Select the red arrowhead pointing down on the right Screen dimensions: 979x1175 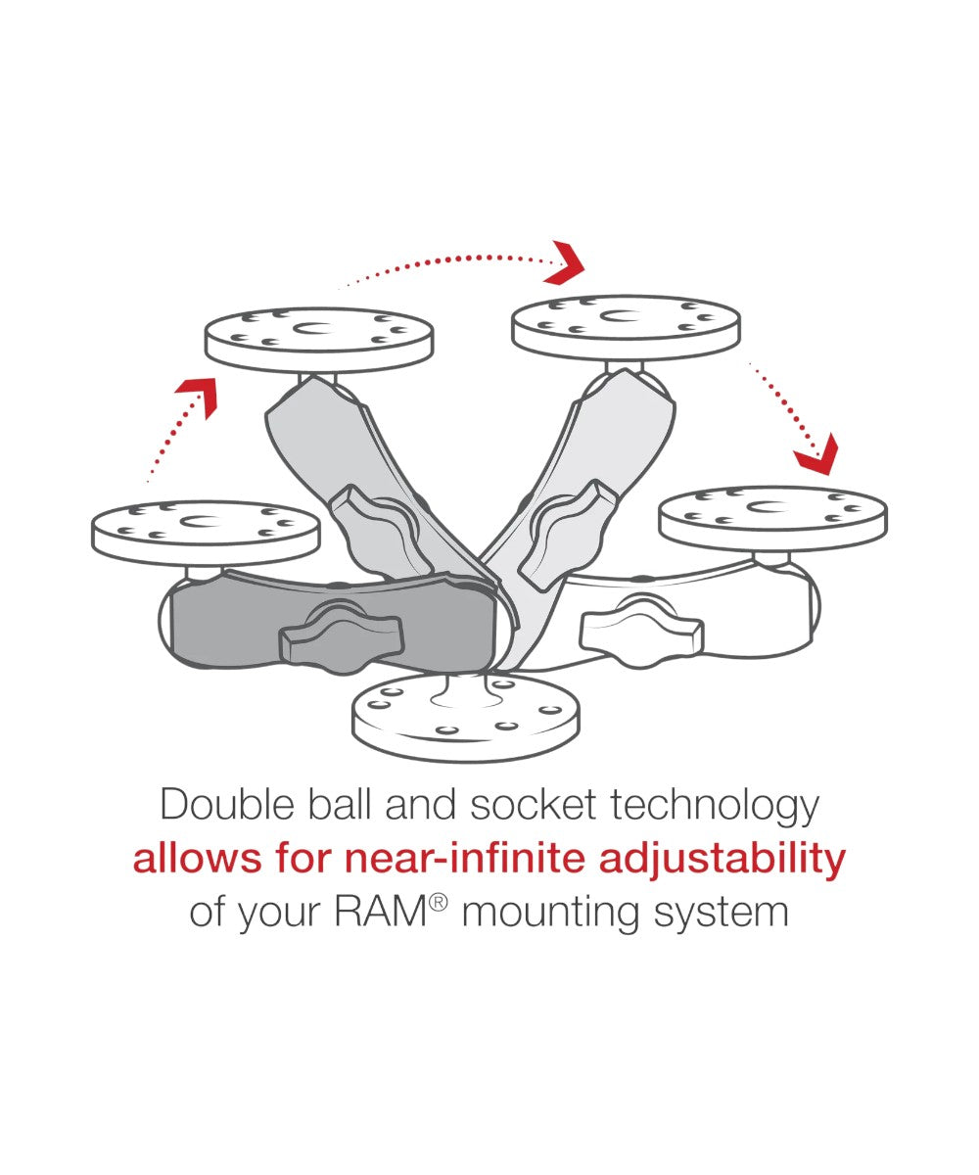point(819,454)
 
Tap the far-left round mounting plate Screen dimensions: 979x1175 point(206,533)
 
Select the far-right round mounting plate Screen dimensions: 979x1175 point(773,518)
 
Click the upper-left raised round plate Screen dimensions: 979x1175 point(319,340)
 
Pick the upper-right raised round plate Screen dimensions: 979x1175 point(627,327)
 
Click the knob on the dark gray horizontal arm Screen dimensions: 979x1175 point(342,635)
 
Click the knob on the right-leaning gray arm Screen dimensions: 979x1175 point(568,535)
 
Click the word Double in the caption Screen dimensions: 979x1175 point(227,804)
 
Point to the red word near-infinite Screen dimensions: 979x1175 point(465,858)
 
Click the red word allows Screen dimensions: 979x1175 point(198,858)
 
